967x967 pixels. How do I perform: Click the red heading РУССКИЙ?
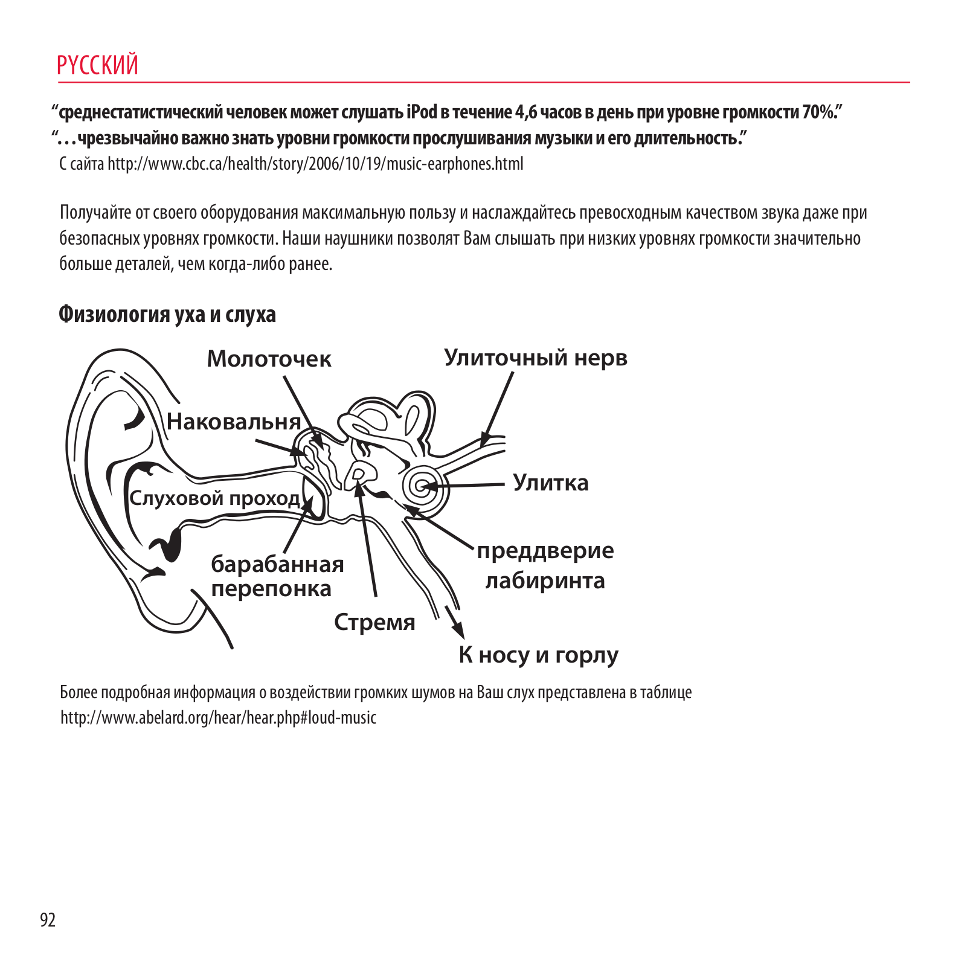coord(97,65)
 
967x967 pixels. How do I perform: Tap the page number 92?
coord(48,919)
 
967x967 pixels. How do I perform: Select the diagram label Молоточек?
coord(269,359)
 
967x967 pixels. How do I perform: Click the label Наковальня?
coord(234,422)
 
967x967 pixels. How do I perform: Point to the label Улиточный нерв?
coord(536,358)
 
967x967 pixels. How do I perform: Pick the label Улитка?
coord(550,483)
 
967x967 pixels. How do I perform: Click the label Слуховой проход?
coord(214,498)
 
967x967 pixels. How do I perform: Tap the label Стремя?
coord(374,622)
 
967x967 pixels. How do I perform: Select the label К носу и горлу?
coord(538,655)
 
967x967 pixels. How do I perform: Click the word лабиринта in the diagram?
coord(545,580)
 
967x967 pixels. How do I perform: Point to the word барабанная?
coord(277,564)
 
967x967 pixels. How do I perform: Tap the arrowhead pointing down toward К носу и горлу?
coord(458,630)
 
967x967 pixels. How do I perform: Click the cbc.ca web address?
coord(315,164)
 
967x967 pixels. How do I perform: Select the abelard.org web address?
coord(218,718)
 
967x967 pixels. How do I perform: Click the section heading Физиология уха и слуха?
coord(167,314)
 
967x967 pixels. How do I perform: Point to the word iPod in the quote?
coord(422,112)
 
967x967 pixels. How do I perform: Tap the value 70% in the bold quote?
coord(818,112)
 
